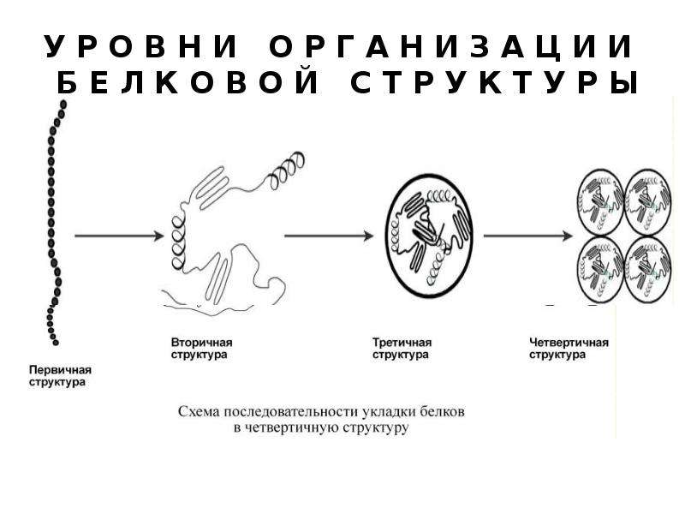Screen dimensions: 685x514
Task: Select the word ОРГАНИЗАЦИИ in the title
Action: (451, 47)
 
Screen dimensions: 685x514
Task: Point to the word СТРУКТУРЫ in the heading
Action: (495, 83)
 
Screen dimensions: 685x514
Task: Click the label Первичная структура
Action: (60, 376)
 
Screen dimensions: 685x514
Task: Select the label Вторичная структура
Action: (201, 349)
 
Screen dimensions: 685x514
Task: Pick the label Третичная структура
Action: (402, 349)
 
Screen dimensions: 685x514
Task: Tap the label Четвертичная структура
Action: (569, 349)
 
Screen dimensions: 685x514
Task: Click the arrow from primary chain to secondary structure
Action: (119, 236)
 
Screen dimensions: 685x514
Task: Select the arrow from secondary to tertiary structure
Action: (329, 236)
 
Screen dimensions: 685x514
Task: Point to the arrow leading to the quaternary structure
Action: (527, 236)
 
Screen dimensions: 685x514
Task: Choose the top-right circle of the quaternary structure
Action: (647, 203)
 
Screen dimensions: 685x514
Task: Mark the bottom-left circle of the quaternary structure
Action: (601, 269)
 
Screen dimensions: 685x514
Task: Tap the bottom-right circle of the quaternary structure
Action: (647, 269)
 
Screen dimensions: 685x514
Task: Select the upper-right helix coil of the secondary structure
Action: (286, 170)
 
